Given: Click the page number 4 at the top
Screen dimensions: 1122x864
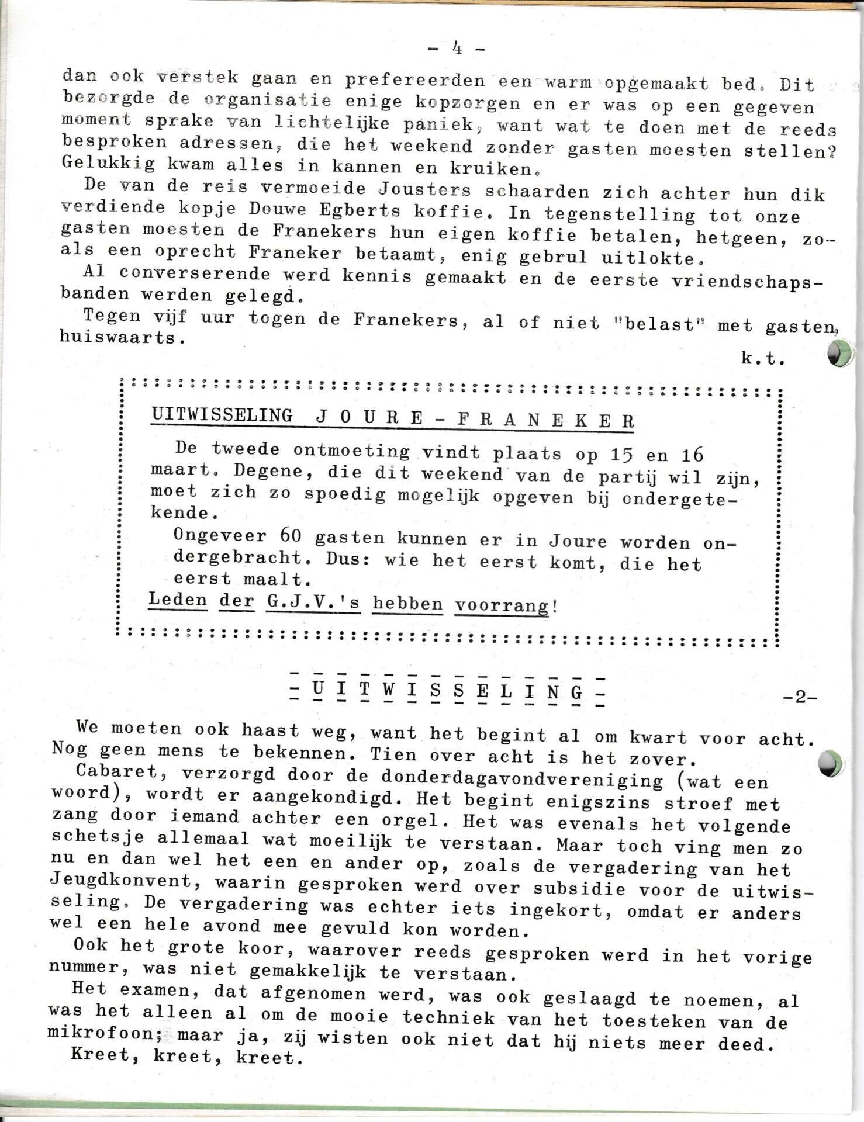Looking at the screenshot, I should click(457, 49).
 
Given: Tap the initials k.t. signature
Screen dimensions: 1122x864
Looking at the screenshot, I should click(762, 359).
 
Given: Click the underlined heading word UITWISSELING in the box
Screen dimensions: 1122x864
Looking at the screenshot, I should click(222, 415).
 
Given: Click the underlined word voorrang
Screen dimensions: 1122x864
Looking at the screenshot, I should click(503, 605).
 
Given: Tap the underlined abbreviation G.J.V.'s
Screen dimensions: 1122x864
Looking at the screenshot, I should click(313, 602).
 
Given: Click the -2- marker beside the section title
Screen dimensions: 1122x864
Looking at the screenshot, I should click(799, 697).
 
